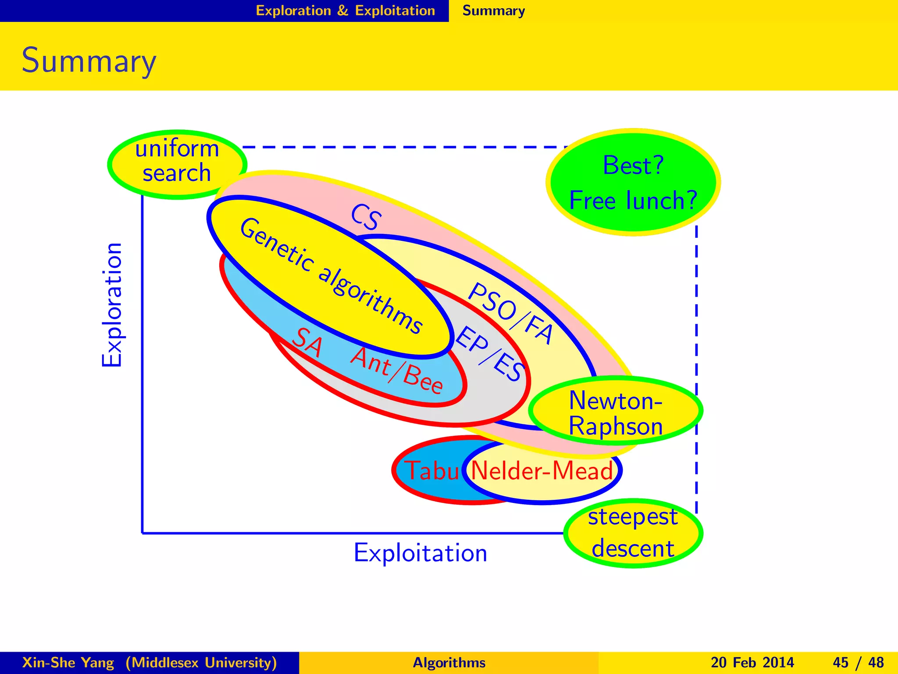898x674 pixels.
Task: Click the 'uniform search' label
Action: tap(177, 161)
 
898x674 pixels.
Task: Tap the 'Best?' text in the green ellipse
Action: tap(633, 166)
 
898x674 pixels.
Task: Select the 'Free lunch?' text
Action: tap(633, 201)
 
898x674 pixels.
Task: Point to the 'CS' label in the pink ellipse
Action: tap(366, 217)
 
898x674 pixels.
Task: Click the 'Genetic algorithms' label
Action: tap(331, 276)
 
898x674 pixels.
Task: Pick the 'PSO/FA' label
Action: tap(510, 312)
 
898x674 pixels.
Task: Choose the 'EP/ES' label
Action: tap(490, 353)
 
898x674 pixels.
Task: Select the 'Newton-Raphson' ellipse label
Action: tap(615, 413)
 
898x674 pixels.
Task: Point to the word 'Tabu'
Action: tap(431, 471)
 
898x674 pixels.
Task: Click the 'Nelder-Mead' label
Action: tap(542, 471)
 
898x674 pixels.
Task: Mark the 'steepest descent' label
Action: tap(633, 533)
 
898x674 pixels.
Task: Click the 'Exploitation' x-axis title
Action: tap(420, 553)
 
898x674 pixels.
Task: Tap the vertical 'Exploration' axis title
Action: tap(112, 305)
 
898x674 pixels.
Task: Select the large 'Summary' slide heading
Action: tap(89, 61)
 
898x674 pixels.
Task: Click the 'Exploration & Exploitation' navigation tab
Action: tap(345, 11)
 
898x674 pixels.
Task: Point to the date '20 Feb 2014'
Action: tap(752, 662)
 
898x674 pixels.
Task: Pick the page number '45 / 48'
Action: tap(858, 662)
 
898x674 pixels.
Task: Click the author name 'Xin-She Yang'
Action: tap(68, 662)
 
